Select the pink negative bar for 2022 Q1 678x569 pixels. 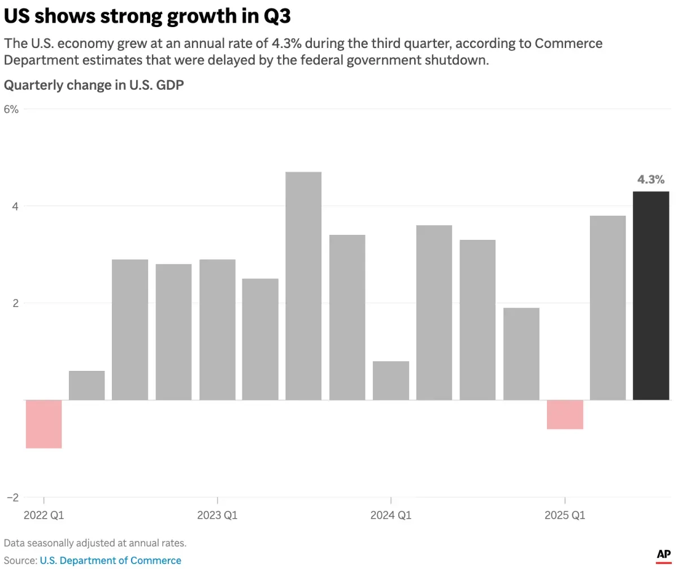point(44,424)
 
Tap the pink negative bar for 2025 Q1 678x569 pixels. point(565,414)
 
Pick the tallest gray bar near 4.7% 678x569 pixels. point(303,286)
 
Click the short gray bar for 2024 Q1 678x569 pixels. point(391,380)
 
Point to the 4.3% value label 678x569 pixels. point(651,180)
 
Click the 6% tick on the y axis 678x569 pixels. point(12,110)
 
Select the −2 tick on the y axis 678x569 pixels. point(12,497)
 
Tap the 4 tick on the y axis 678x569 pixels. point(15,206)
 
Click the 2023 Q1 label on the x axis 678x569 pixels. point(218,515)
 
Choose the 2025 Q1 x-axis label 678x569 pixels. point(564,515)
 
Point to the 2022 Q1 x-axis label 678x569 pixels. point(44,515)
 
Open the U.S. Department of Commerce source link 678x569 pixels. point(111,561)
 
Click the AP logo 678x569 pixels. point(663,555)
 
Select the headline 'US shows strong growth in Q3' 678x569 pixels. point(147,17)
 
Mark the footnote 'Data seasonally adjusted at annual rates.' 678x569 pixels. point(95,543)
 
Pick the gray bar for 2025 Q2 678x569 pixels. point(607,308)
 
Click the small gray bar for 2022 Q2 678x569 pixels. point(87,386)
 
